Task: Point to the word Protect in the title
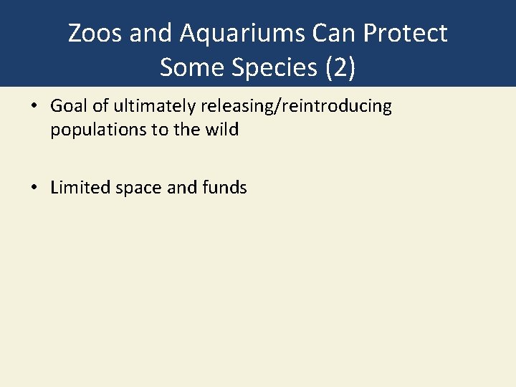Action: tap(411, 33)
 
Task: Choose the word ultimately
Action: tap(147, 107)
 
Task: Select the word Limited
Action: tap(77, 188)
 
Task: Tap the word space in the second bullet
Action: tap(135, 188)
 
